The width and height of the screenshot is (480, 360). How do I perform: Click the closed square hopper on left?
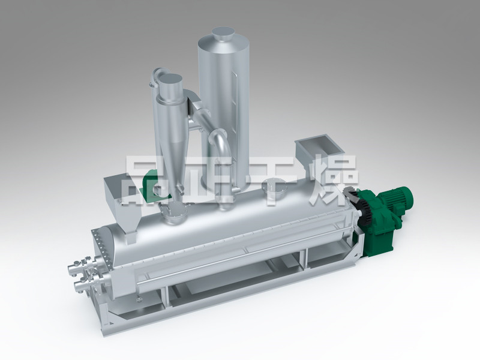[x=122, y=196]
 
